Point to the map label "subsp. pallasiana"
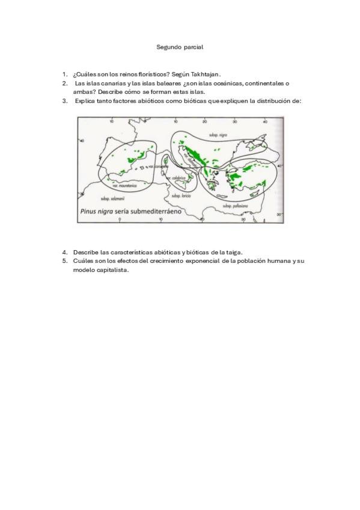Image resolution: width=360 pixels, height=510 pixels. click(x=235, y=205)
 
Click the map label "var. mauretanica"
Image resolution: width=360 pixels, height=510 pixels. click(x=124, y=185)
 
